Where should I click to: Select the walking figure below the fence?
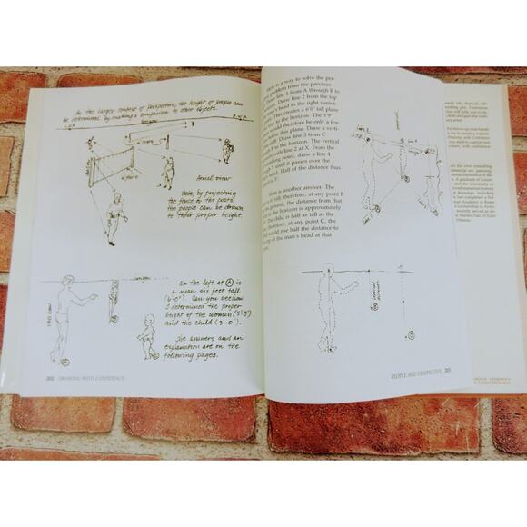(112, 217)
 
